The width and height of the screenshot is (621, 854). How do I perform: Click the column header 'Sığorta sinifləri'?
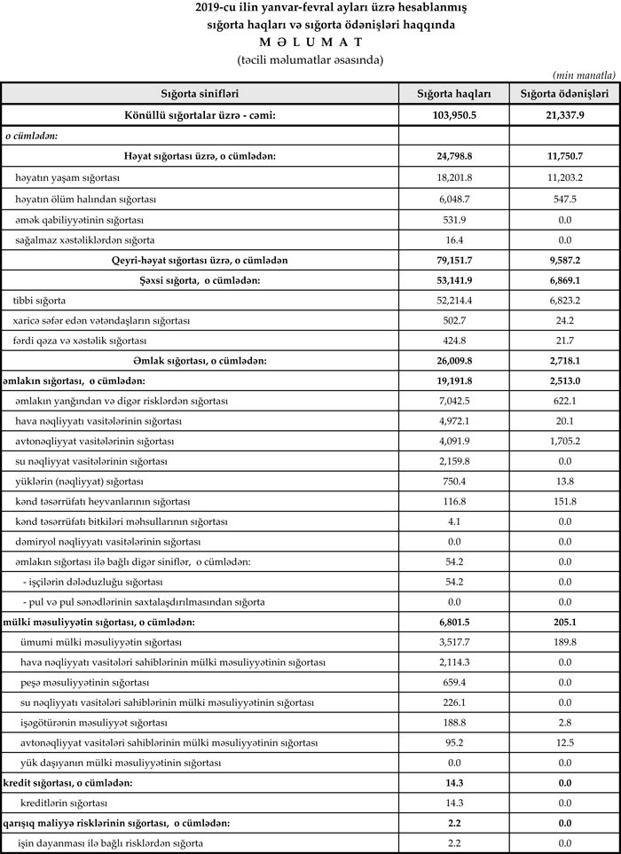click(x=200, y=93)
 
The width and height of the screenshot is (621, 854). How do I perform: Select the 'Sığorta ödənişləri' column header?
click(x=563, y=93)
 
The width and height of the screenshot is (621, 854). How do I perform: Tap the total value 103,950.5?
click(x=453, y=115)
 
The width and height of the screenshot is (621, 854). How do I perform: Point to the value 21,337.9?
click(x=563, y=115)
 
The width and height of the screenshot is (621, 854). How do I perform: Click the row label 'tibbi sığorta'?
click(x=39, y=302)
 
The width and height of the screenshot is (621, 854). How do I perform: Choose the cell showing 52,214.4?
click(x=453, y=302)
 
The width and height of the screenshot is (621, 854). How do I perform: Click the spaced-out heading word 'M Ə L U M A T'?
click(x=310, y=43)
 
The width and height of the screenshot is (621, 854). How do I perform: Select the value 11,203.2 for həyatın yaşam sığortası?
click(x=563, y=178)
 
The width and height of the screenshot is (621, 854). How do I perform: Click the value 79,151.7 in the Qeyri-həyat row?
click(x=453, y=261)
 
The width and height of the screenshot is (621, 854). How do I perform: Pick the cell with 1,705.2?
click(x=563, y=441)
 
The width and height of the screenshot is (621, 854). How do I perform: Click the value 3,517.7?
click(x=453, y=642)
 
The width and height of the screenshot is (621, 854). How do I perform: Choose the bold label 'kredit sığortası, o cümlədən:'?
click(x=69, y=783)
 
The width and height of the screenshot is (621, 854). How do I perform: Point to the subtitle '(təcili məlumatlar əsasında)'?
click(x=310, y=59)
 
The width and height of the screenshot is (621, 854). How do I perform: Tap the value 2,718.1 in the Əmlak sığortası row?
click(x=563, y=361)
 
